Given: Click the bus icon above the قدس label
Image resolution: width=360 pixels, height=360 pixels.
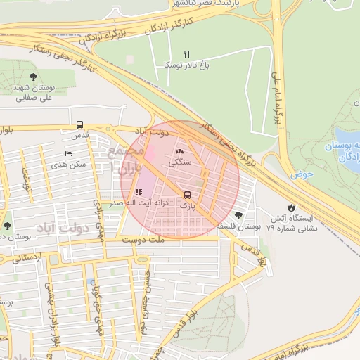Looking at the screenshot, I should click(x=79, y=124).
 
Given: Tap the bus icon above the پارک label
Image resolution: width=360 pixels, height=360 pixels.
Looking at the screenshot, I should click(x=187, y=195).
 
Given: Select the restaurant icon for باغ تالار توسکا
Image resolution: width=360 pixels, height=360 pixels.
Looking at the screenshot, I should click(x=186, y=53).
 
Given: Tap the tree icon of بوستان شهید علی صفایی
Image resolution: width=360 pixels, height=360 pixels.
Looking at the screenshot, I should click(x=33, y=77).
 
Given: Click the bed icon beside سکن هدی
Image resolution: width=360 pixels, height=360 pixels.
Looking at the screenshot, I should click(x=68, y=153).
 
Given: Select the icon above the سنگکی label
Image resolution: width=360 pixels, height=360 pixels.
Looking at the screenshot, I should click(x=179, y=150).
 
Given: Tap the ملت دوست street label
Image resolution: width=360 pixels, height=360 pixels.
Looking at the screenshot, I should click(x=143, y=240).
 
